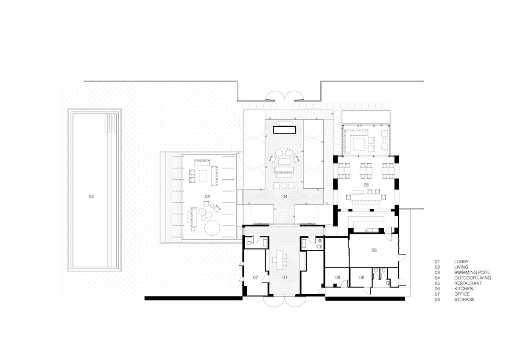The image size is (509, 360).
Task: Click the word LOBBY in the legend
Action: tap(461, 262)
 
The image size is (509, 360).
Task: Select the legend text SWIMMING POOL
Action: tap(472, 272)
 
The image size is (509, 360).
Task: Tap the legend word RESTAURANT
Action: tap(468, 283)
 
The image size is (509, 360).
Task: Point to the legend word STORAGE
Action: tap(464, 300)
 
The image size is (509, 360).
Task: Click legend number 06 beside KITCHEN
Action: tap(437, 289)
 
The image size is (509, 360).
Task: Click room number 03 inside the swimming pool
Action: tap(91, 196)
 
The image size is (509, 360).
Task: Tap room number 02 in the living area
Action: tap(207, 196)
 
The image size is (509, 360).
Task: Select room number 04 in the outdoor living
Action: tap(285, 196)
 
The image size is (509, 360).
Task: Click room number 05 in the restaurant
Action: tap(366, 185)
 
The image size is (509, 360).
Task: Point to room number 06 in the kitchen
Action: tap(374, 250)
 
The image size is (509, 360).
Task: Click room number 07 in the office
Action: tap(255, 277)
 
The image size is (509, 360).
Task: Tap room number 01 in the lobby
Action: tap(285, 277)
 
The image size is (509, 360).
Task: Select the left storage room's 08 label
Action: tap(338, 277)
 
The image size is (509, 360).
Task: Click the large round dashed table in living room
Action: tap(212, 228)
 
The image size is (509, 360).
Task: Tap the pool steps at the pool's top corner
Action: tap(111, 123)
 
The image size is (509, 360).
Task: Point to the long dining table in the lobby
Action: tap(280, 260)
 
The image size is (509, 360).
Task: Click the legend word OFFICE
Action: tap(462, 294)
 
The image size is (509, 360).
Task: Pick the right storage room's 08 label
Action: tap(361, 277)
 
